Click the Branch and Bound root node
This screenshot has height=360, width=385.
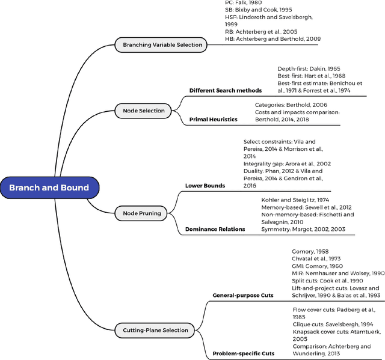[x=49, y=188]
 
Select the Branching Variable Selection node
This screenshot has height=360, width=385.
[x=162, y=44]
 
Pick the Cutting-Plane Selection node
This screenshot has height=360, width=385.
[x=155, y=330]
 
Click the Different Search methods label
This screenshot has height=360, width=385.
[x=226, y=91]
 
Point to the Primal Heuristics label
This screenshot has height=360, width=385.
[x=213, y=120]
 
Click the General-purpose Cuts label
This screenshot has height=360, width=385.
[x=242, y=295]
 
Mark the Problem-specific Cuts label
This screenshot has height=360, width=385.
[x=243, y=353]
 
